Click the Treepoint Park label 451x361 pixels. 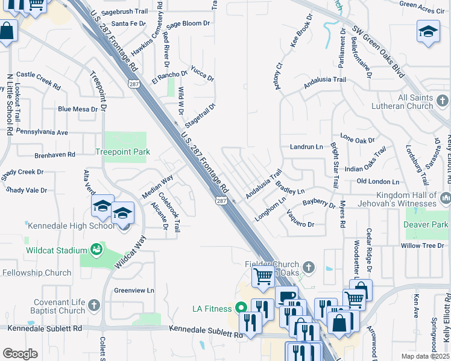pyautogui.click(x=122, y=152)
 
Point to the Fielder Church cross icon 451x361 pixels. pyautogui.click(x=308, y=265)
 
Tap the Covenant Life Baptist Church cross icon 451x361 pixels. pyautogui.click(x=93, y=305)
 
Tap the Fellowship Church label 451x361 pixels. pyautogui.click(x=36, y=273)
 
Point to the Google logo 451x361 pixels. pyautogui.click(x=20, y=353)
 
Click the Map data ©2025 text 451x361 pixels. pyautogui.click(x=425, y=356)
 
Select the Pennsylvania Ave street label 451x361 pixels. pyautogui.click(x=42, y=132)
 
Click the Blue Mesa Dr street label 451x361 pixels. pyautogui.click(x=77, y=109)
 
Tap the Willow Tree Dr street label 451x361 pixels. pyautogui.click(x=422, y=245)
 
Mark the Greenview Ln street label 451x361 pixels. pyautogui.click(x=134, y=290)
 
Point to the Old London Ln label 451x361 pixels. pyautogui.click(x=378, y=181)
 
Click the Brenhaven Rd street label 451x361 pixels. pyautogui.click(x=55, y=154)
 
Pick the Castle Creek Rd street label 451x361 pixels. pyautogui.click(x=39, y=75)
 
